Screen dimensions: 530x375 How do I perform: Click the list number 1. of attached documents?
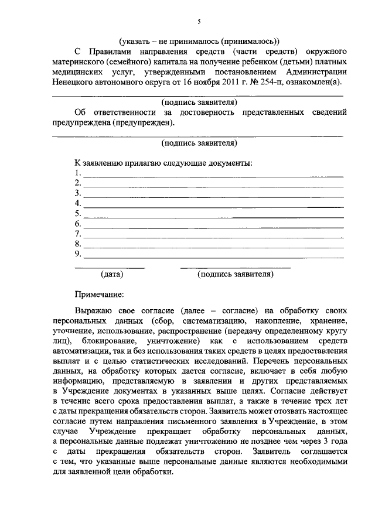click(x=77, y=173)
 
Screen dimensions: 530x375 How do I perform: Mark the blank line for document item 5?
click(x=214, y=217)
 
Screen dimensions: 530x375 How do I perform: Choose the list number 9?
click(x=77, y=254)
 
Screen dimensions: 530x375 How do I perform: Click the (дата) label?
click(x=111, y=273)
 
